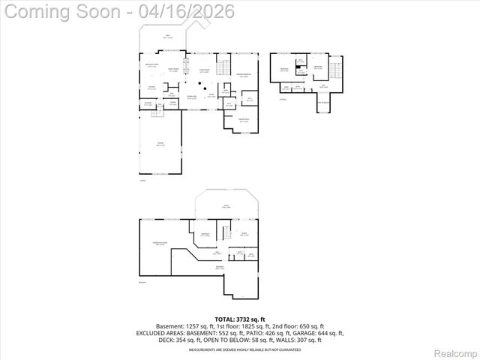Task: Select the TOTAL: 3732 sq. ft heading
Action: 240,319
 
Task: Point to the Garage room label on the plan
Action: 160,142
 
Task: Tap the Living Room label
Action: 203,70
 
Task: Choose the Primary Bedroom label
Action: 243,75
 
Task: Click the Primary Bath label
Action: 244,120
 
